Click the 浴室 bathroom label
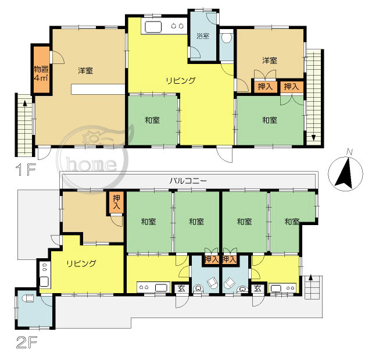pos(203,36)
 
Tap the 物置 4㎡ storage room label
pos(41,73)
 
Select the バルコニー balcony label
pos(188,181)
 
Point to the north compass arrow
pos(344,173)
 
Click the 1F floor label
pos(26,170)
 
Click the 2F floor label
pos(27,343)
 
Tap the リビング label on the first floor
pos(181,80)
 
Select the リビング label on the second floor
pos(81,263)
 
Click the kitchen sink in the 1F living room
pos(153,27)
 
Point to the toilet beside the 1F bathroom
pos(227,38)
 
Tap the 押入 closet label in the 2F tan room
pos(116,202)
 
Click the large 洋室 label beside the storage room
pos(85,70)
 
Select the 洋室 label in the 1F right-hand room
pos(270,60)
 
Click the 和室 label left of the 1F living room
pos(152,120)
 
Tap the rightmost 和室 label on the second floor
pos(292,222)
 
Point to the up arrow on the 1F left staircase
pos(24,103)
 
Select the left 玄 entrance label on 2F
pos(181,288)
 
